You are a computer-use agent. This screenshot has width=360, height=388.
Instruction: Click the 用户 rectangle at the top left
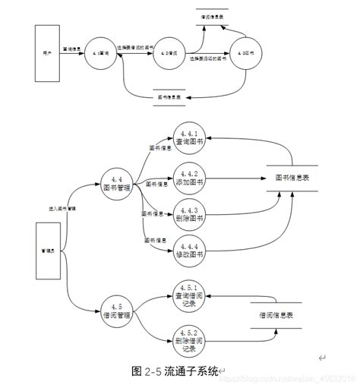(x=48, y=55)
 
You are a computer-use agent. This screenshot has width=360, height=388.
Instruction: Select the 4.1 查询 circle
(x=103, y=54)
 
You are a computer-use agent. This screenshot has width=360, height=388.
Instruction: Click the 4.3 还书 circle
(x=245, y=54)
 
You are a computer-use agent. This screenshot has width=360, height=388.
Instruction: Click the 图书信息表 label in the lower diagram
(x=292, y=178)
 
